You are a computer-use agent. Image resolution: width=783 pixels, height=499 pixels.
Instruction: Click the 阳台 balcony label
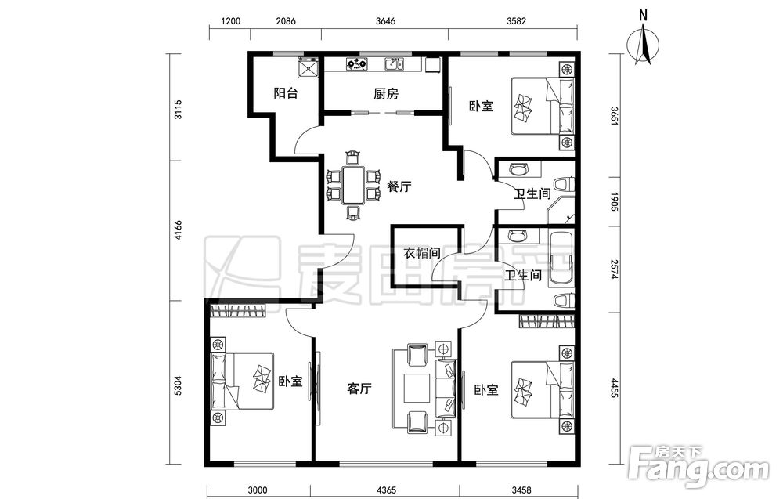click(286, 93)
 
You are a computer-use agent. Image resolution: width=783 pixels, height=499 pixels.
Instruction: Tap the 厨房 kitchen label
click(386, 93)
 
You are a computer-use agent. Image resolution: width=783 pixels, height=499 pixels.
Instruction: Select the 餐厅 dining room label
click(399, 187)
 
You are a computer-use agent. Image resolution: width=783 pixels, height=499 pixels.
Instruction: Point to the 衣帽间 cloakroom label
click(422, 253)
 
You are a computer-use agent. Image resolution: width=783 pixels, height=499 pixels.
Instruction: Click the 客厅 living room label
click(359, 389)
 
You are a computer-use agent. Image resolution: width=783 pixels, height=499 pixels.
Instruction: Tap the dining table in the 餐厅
click(354, 186)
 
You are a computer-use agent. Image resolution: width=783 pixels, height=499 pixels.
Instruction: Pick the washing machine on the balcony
click(308, 68)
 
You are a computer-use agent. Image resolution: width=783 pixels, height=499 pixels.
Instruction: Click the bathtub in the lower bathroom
click(561, 259)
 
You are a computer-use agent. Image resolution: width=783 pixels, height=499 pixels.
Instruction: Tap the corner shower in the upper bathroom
click(561, 209)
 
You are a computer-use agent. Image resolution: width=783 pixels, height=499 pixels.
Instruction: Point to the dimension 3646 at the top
click(385, 21)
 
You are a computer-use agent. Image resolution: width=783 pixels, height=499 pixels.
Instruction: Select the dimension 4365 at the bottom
click(385, 490)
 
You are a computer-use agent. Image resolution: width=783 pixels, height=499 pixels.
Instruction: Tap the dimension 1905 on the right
click(615, 201)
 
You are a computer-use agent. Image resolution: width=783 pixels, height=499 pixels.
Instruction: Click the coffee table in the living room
click(417, 388)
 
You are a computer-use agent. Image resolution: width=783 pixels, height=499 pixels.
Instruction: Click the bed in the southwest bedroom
click(244, 381)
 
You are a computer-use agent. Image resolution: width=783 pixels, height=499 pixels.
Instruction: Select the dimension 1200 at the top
click(230, 21)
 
